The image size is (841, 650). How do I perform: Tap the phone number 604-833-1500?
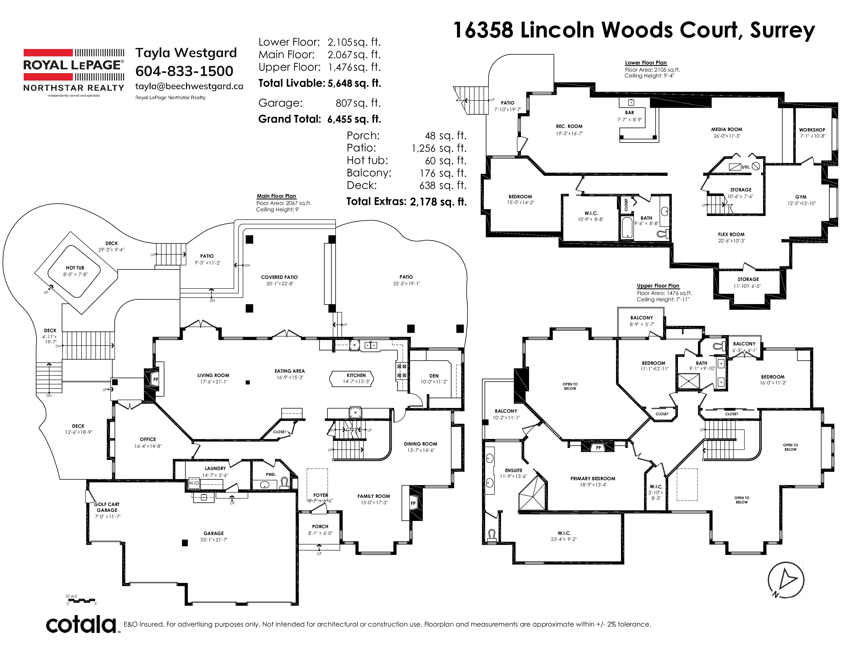pyautogui.click(x=184, y=71)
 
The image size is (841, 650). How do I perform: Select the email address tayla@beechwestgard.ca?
pyautogui.click(x=189, y=86)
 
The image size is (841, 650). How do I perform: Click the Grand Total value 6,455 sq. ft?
pyautogui.click(x=354, y=119)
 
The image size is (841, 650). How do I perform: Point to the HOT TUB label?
pyautogui.click(x=75, y=268)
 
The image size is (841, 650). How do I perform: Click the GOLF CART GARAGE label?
pyautogui.click(x=107, y=507)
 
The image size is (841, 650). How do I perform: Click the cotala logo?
pyautogui.click(x=82, y=625)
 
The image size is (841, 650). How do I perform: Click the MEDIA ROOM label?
pyautogui.click(x=727, y=129)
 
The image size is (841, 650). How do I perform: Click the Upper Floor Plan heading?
pyautogui.click(x=658, y=286)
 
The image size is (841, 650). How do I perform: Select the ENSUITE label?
pyautogui.click(x=514, y=471)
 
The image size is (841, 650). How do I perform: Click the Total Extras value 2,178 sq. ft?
pyautogui.click(x=438, y=202)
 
